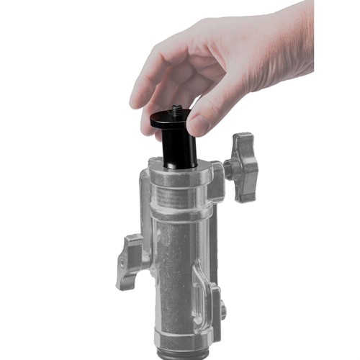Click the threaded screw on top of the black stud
coord(177,112)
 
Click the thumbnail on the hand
coord(199,123)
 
